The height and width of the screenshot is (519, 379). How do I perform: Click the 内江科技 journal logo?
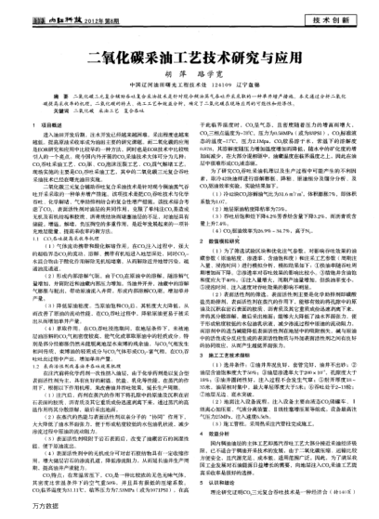point(36,19)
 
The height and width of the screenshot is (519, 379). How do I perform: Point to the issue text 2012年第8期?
point(75,19)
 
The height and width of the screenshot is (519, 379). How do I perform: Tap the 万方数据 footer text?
point(20,511)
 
